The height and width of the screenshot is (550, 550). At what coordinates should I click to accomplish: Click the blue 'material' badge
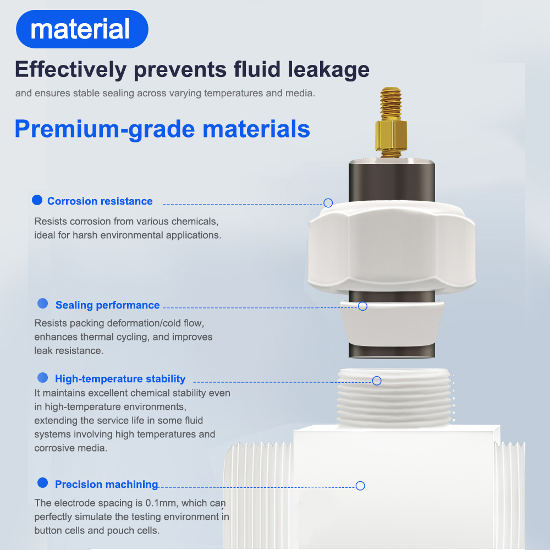point(82,29)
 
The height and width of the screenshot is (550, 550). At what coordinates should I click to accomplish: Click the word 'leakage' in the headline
point(329,70)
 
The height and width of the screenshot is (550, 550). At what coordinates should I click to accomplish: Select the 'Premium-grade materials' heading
point(162,129)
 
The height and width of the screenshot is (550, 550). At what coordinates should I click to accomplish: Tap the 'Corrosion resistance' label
point(100,201)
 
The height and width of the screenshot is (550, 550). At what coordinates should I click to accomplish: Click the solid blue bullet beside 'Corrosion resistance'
point(37,200)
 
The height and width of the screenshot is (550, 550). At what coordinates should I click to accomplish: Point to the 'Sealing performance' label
point(108,305)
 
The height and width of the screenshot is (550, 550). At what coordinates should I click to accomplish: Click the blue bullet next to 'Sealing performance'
point(43,304)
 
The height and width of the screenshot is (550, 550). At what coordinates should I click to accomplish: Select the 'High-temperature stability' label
point(120,379)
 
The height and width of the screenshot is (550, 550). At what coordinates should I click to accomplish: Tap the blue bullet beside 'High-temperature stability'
point(43,377)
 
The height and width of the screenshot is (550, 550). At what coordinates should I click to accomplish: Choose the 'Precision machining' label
point(107,485)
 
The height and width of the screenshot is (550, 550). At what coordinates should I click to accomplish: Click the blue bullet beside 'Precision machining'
point(43,483)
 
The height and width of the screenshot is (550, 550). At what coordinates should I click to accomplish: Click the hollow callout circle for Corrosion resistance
point(328,203)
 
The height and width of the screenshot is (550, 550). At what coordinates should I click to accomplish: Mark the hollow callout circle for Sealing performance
point(362,306)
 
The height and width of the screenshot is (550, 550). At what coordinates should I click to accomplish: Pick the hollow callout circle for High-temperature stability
point(377,381)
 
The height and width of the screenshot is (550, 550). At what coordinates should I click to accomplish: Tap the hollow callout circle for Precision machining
point(360,486)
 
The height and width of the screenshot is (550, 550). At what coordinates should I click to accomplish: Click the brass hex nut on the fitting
point(391,135)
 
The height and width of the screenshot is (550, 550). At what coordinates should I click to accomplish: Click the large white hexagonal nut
point(392,248)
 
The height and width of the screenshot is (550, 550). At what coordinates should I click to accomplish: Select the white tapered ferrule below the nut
point(392,324)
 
